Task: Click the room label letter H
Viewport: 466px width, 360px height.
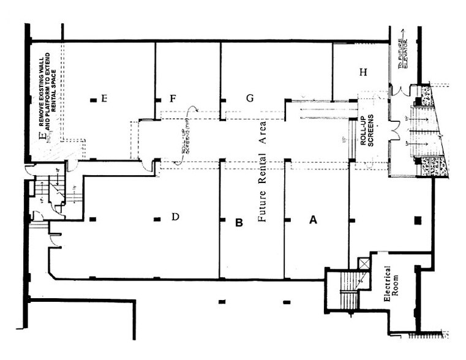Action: point(363,72)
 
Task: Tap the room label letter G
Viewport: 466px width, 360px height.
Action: point(249,98)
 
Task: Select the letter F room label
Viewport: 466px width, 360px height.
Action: point(173,98)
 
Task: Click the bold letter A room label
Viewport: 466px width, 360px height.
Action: point(312,222)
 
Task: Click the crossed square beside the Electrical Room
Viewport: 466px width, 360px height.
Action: point(364,263)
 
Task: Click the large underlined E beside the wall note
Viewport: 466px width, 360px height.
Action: point(42,136)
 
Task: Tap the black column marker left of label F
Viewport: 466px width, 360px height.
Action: point(158,99)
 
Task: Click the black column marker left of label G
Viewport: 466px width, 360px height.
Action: point(223,99)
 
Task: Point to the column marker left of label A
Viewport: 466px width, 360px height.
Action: point(287,219)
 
